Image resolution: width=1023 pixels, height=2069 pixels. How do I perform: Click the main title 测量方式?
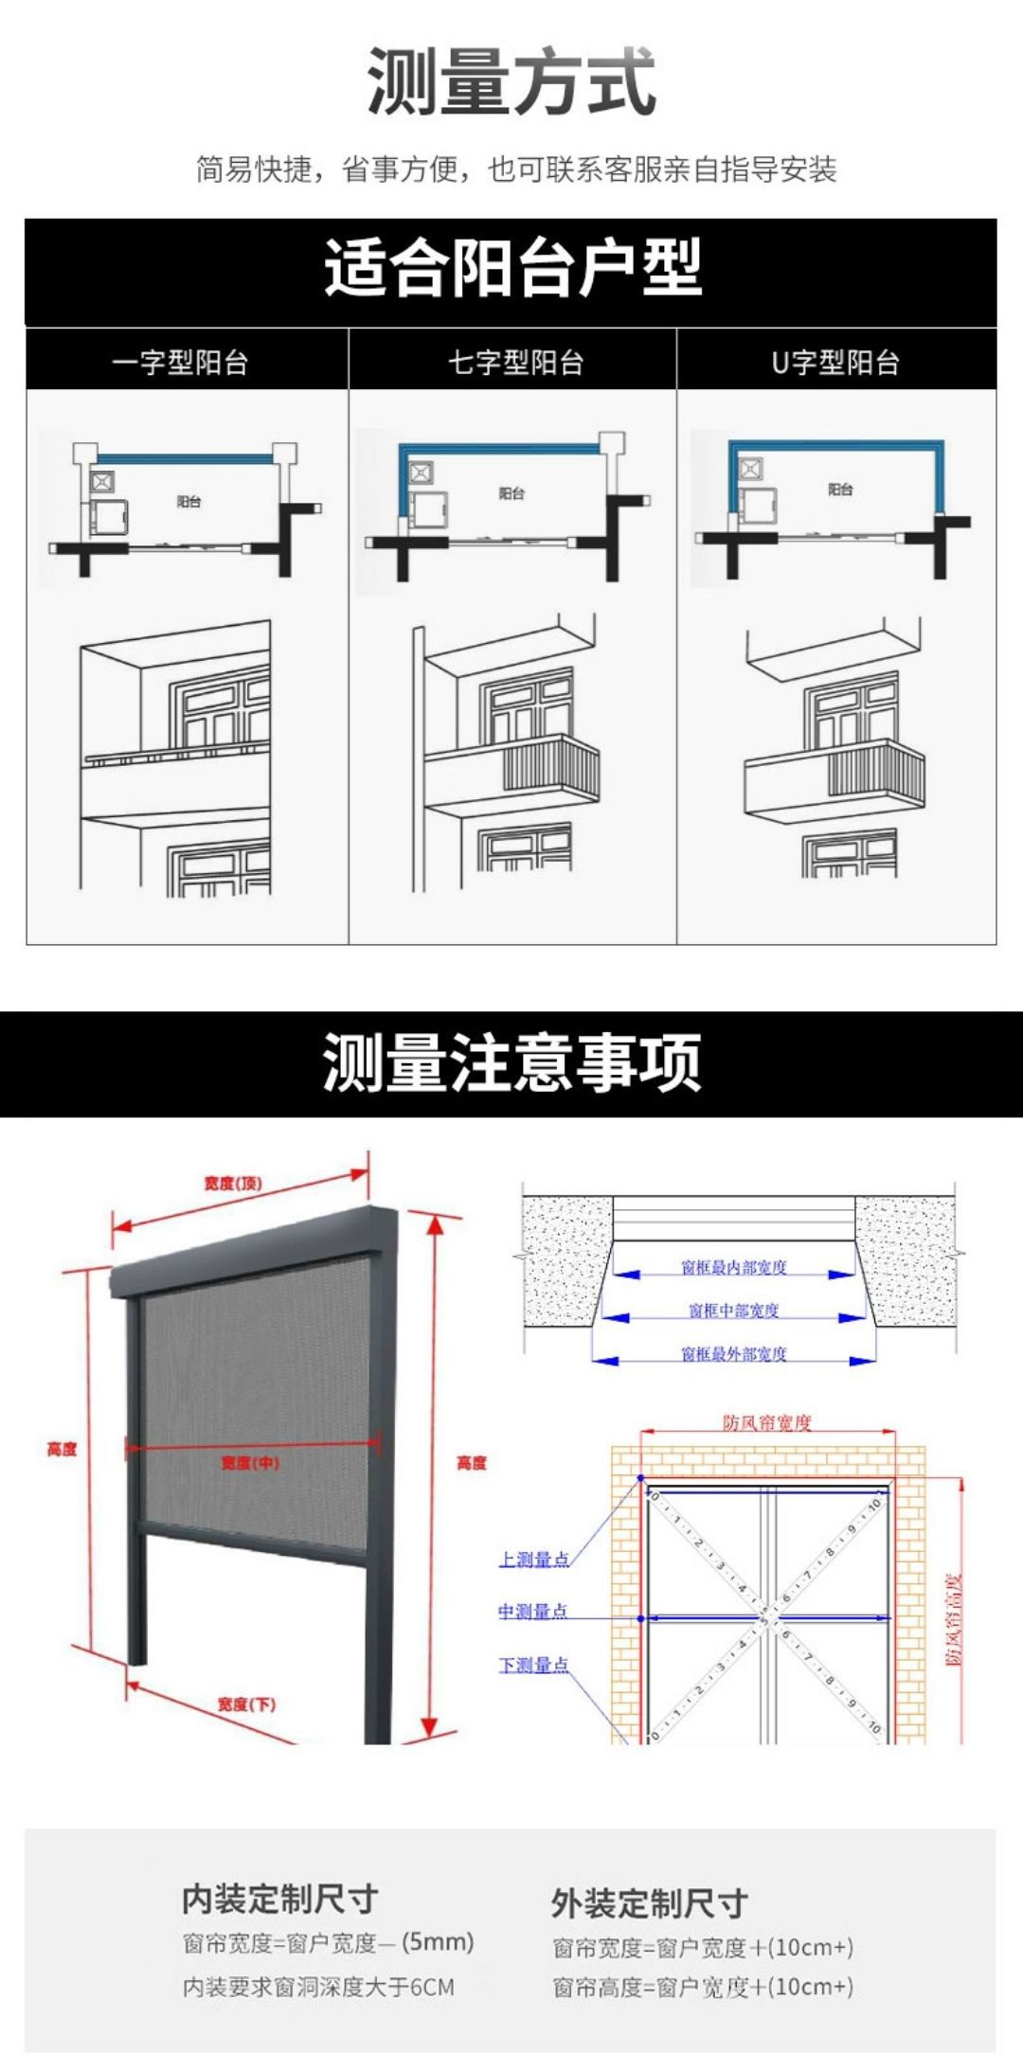tap(511, 82)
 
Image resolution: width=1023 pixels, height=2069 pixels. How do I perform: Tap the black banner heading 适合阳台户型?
tap(511, 268)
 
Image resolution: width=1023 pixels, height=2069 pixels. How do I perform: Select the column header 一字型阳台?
tap(180, 363)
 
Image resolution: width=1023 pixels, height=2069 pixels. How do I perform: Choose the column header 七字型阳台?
tap(515, 363)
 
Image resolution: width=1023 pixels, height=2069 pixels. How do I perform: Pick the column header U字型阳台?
tap(835, 363)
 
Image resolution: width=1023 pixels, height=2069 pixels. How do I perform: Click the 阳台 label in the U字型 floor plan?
tap(840, 490)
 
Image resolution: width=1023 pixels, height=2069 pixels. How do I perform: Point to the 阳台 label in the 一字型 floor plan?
tap(189, 502)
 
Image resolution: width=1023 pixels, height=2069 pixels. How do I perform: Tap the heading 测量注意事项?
tap(511, 1063)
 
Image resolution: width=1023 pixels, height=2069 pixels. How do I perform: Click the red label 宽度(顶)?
tap(233, 1184)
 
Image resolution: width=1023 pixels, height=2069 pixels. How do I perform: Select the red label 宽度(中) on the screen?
tap(250, 1463)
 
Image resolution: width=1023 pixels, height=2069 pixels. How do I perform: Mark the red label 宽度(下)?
tap(246, 1704)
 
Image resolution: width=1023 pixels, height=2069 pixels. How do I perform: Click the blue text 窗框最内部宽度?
tap(734, 1267)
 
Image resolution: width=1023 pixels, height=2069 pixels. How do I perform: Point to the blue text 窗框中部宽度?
tap(734, 1311)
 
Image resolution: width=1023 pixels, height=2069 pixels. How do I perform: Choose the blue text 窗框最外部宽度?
tap(734, 1354)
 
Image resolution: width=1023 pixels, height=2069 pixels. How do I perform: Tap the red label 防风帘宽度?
tap(767, 1422)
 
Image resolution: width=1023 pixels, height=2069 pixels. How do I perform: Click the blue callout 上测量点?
tap(534, 1560)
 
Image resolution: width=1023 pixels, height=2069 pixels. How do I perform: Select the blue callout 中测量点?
tap(533, 1612)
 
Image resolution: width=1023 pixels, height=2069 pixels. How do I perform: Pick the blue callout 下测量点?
tap(534, 1665)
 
